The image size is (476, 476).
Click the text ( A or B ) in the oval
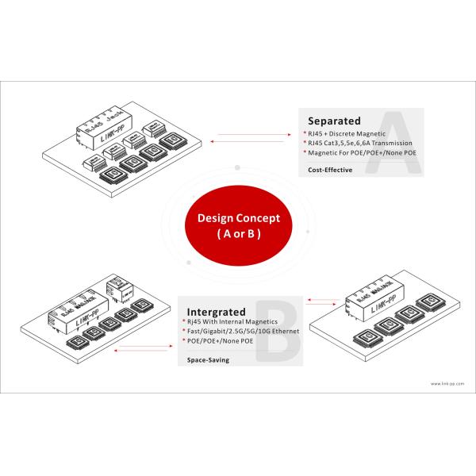coord(239,236)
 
